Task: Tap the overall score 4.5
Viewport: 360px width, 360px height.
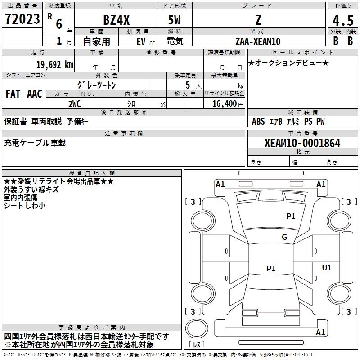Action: [x=342, y=21]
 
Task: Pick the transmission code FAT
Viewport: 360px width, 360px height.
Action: [x=13, y=94]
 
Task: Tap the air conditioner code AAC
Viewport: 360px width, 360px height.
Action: [x=34, y=94]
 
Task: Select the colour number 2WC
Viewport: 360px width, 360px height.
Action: [x=74, y=103]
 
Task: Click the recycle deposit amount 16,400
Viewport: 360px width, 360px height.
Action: [x=224, y=103]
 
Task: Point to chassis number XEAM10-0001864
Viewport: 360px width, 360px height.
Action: [x=302, y=143]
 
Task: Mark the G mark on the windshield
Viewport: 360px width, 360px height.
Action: [x=284, y=237]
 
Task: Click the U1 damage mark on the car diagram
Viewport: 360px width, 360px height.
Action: [x=327, y=268]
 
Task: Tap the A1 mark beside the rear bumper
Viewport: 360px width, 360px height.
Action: [x=320, y=333]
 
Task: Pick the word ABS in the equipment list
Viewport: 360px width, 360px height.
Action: [x=258, y=121]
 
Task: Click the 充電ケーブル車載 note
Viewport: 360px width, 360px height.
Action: [x=35, y=143]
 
